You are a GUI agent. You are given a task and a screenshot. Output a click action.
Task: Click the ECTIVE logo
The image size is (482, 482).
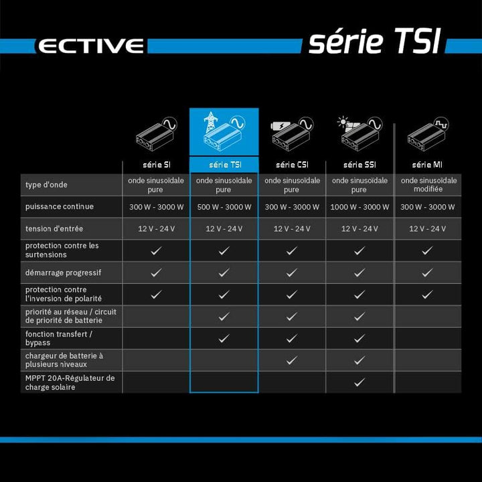[91, 46]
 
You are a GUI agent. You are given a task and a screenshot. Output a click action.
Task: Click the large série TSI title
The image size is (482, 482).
[375, 41]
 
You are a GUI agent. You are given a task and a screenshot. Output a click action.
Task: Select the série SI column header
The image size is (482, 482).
[157, 165]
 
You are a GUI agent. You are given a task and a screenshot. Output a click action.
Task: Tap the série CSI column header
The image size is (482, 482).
[292, 165]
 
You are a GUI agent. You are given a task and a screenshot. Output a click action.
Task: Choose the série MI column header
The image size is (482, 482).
[427, 165]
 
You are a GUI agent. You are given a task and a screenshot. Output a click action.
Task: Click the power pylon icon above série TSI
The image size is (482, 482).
[211, 123]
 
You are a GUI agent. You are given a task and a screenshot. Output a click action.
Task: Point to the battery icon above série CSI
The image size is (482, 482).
[280, 125]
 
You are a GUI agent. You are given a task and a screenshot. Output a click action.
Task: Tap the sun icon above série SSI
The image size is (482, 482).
[343, 122]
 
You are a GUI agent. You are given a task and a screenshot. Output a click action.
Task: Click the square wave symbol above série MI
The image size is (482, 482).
[441, 125]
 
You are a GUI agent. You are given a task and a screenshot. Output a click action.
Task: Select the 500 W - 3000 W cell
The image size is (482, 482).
[224, 207]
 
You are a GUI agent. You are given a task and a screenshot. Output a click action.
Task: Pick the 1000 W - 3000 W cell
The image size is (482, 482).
[359, 207]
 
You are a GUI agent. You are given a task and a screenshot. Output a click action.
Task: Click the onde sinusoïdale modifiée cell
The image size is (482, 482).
[428, 185]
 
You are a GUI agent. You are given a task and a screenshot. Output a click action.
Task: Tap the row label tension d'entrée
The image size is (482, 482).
[54, 229]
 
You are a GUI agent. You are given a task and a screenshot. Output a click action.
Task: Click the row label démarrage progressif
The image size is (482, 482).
[64, 272]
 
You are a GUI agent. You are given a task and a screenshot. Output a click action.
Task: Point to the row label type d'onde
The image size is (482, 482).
[46, 185]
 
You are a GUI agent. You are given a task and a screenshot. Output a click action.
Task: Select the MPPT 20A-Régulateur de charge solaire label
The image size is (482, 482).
[70, 382]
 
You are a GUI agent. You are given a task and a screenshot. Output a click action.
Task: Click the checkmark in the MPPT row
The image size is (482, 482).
[359, 382]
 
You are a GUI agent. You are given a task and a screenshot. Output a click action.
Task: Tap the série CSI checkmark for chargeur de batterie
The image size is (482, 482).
[291, 360]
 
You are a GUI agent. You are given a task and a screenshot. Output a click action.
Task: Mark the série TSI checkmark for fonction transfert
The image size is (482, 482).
[224, 339]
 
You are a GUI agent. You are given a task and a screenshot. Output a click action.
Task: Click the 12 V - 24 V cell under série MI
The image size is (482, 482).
[427, 229]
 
